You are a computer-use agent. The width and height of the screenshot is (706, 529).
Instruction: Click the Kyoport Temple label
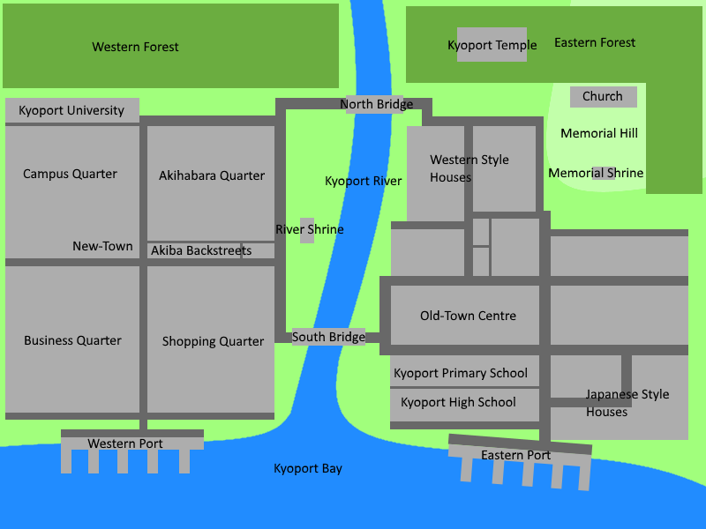click(x=492, y=46)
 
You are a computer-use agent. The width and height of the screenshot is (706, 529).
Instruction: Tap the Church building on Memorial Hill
click(x=603, y=96)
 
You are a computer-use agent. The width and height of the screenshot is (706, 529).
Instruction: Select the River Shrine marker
click(x=307, y=230)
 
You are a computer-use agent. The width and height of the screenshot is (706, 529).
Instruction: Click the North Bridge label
click(x=376, y=105)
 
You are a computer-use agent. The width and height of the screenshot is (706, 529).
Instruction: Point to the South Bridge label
click(x=328, y=337)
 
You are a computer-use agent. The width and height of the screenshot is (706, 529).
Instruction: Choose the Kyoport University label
click(x=71, y=111)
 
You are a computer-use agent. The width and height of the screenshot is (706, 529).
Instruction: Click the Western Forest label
click(x=135, y=47)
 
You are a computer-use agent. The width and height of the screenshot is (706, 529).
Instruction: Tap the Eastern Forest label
click(x=595, y=42)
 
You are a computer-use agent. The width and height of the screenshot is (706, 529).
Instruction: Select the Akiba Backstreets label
click(x=201, y=251)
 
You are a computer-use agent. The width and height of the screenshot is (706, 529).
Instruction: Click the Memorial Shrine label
click(x=596, y=173)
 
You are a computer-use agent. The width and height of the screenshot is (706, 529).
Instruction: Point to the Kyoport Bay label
click(x=308, y=468)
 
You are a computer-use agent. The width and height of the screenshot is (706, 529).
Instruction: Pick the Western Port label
click(x=125, y=443)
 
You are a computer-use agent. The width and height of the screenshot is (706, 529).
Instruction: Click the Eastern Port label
click(x=515, y=455)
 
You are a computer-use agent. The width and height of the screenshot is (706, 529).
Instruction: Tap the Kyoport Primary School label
click(x=461, y=373)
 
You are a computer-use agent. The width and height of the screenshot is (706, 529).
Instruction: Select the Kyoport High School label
click(x=458, y=402)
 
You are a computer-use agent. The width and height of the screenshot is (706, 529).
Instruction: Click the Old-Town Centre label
click(x=468, y=316)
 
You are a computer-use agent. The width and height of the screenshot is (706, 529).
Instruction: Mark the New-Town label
click(x=102, y=246)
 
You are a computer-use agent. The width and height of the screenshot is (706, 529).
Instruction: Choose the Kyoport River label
click(x=363, y=181)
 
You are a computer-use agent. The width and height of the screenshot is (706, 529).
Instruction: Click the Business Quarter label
click(x=72, y=340)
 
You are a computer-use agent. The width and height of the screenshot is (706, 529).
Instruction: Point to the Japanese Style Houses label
click(x=627, y=403)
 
